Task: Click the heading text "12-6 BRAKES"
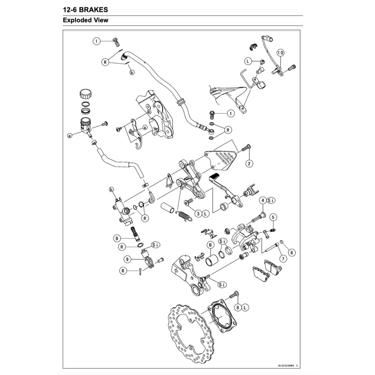(x=85, y=9)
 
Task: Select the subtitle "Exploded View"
(x=85, y=20)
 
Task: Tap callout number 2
(x=249, y=163)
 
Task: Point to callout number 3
(x=198, y=213)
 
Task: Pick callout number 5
(x=273, y=217)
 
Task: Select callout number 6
(x=292, y=252)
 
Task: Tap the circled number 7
(x=283, y=258)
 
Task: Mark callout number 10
(x=281, y=53)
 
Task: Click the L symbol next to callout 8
(x=246, y=308)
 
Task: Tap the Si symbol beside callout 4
(x=271, y=200)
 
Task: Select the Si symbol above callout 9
(x=155, y=245)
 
